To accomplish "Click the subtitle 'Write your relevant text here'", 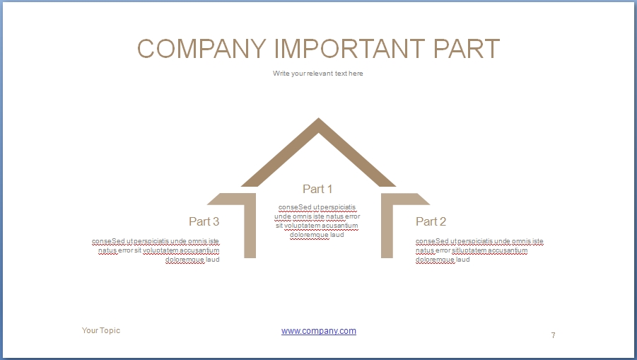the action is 318,74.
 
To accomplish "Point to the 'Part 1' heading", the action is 317,189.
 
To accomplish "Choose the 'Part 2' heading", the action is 431,221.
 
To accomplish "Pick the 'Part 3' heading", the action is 204,221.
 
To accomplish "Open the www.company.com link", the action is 319,331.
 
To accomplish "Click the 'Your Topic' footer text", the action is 101,330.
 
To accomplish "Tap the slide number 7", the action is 553,335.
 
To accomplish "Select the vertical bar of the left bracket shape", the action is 250,230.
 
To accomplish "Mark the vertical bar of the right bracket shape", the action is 387,230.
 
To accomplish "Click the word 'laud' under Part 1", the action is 337,235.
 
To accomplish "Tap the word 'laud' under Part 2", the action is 463,260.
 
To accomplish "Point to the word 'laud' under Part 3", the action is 213,260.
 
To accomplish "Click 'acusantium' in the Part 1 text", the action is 341,226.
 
